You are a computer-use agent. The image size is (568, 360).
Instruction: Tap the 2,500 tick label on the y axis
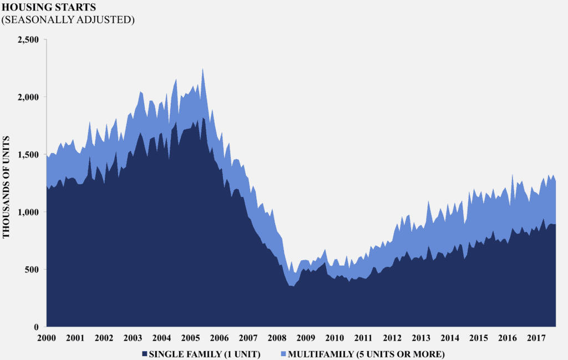click(x=28, y=39)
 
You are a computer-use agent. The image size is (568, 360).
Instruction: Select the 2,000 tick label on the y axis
click(x=28, y=97)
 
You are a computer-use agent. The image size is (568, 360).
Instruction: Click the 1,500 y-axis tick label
click(x=28, y=154)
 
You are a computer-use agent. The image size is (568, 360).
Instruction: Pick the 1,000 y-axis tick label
click(x=28, y=212)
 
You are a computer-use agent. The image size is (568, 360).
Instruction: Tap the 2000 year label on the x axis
click(x=47, y=338)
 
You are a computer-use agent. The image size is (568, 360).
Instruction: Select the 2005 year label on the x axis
click(x=190, y=338)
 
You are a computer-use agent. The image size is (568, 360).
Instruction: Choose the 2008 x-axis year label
click(x=276, y=338)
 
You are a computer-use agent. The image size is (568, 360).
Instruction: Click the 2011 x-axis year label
click(x=363, y=338)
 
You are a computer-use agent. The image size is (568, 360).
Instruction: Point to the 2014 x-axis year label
click(x=449, y=338)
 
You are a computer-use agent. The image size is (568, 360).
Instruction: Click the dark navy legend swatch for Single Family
click(x=145, y=353)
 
